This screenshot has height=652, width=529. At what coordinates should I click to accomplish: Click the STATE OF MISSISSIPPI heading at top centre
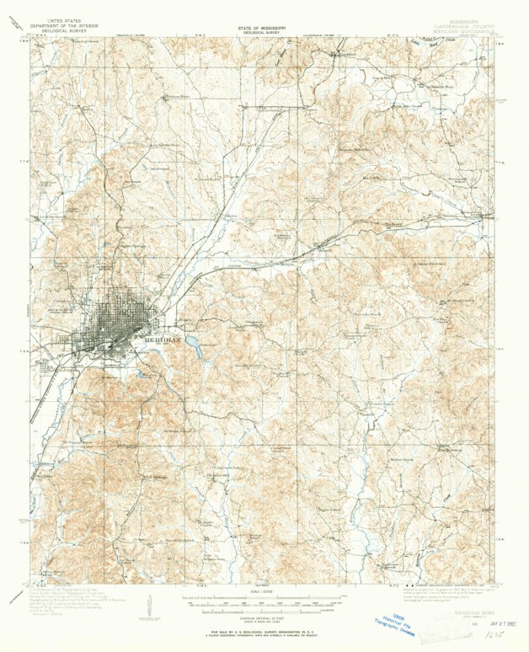pos(263,27)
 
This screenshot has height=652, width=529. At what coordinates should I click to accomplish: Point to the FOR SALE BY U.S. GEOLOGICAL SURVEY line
pos(263,630)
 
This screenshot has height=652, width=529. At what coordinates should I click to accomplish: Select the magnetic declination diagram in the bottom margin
pos(150,605)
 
